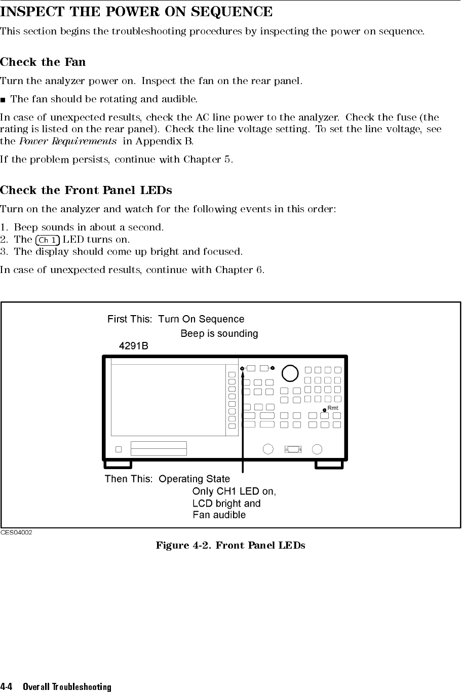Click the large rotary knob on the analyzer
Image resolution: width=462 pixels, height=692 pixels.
pos(290,373)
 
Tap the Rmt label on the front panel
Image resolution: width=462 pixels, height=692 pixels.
pos(333,408)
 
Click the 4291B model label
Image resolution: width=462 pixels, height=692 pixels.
pos(133,347)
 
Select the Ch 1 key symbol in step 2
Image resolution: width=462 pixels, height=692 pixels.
pos(49,240)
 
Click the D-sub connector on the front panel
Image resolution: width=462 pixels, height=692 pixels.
pos(292,449)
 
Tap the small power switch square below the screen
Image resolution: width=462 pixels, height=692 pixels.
pos(118,449)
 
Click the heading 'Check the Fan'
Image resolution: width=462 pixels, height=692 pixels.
pos(43,62)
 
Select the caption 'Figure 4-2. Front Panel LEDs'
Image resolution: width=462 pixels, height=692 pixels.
pos(230,546)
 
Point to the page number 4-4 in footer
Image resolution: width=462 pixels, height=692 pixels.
pos(6,687)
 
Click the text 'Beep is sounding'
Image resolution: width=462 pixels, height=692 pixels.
pos(219,334)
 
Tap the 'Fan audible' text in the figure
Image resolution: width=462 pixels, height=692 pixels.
pos(219,515)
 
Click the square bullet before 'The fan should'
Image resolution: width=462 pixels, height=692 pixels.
pos(4,98)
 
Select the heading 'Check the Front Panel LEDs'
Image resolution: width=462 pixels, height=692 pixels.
pos(86,191)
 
